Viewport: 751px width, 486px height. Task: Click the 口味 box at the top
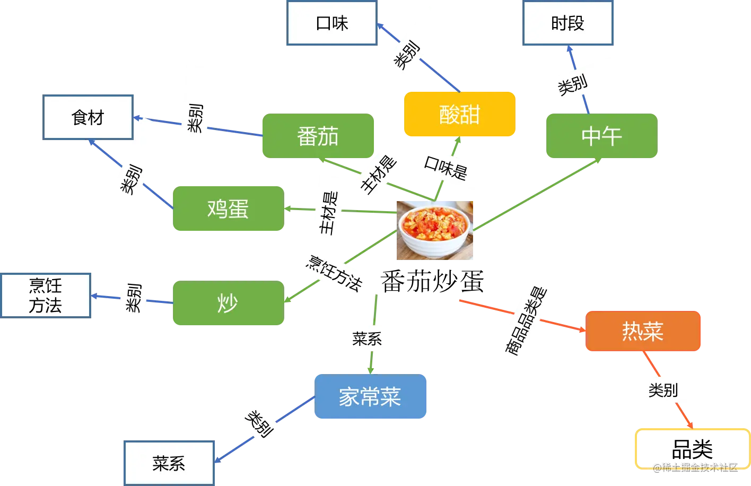pyautogui.click(x=331, y=23)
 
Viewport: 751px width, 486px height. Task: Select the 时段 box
pyautogui.click(x=567, y=23)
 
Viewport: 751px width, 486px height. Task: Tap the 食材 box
pyautogui.click(x=88, y=117)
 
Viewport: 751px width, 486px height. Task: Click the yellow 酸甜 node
pyautogui.click(x=460, y=114)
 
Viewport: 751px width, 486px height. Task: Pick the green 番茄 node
pyautogui.click(x=318, y=136)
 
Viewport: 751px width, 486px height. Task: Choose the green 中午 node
pyautogui.click(x=601, y=136)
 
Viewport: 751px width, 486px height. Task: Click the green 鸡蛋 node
pyautogui.click(x=228, y=209)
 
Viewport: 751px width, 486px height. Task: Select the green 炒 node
pyautogui.click(x=228, y=303)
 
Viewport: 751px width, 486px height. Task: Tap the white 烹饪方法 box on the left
pyautogui.click(x=46, y=296)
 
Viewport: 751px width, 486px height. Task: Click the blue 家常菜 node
pyautogui.click(x=370, y=397)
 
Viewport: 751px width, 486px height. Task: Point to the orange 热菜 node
pyautogui.click(x=643, y=331)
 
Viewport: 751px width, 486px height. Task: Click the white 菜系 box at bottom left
pyautogui.click(x=169, y=463)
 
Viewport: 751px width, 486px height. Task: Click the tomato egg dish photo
pyautogui.click(x=434, y=231)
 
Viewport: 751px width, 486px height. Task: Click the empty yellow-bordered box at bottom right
pyautogui.click(x=692, y=448)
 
